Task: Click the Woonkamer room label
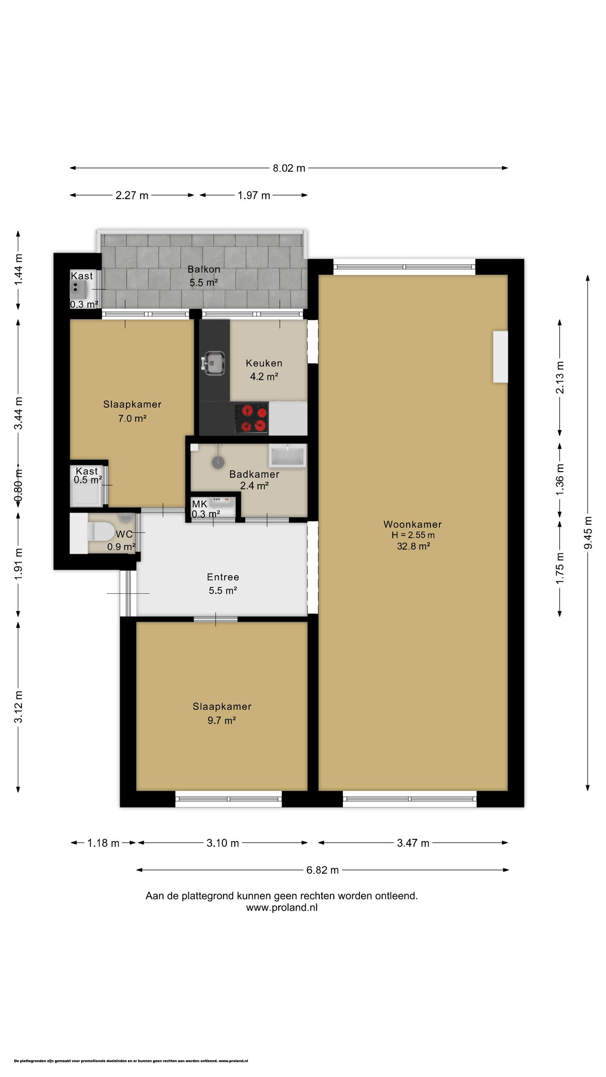pos(412,524)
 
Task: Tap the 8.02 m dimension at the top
pos(289,168)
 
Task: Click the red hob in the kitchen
pos(251,418)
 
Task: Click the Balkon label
pos(204,269)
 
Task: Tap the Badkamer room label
pos(254,474)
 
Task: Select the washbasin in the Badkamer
pos(288,456)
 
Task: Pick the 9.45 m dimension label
pos(588,532)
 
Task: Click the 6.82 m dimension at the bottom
pos(322,870)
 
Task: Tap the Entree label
pos(223,577)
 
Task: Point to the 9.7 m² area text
pos(221,720)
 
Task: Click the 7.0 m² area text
pos(132,418)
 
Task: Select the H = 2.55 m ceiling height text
pos(413,535)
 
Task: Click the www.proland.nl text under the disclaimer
pos(282,907)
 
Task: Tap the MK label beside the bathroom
pos(199,504)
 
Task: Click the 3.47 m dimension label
pos(413,843)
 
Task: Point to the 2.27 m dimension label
pos(132,195)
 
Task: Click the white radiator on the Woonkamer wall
pos(500,357)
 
